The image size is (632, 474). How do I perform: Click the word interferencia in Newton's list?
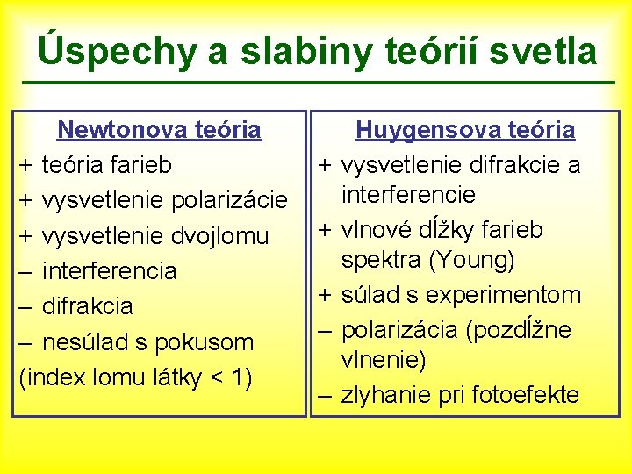(x=109, y=271)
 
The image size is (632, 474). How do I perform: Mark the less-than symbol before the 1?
(x=215, y=377)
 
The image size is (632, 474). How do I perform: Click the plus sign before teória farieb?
(x=26, y=165)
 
